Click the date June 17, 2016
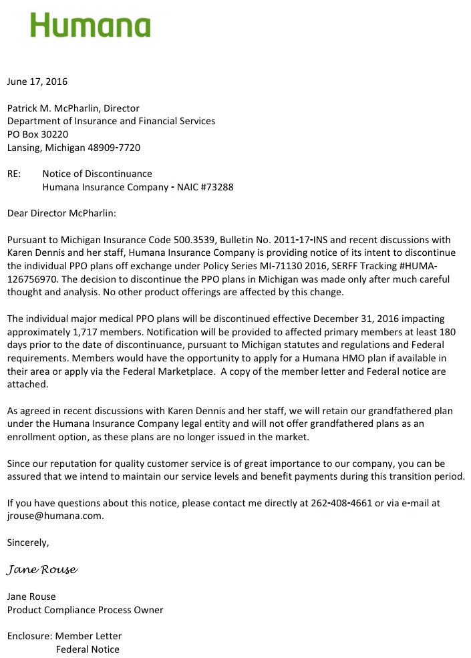[x=37, y=82]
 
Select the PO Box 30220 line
[x=37, y=134]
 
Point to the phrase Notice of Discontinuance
[x=97, y=174]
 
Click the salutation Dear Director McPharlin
[x=61, y=213]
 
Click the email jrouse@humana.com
[x=55, y=516]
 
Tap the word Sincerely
[x=28, y=542]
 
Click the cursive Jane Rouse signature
[x=42, y=570]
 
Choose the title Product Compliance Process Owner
[x=85, y=609]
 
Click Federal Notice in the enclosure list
[x=88, y=649]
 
